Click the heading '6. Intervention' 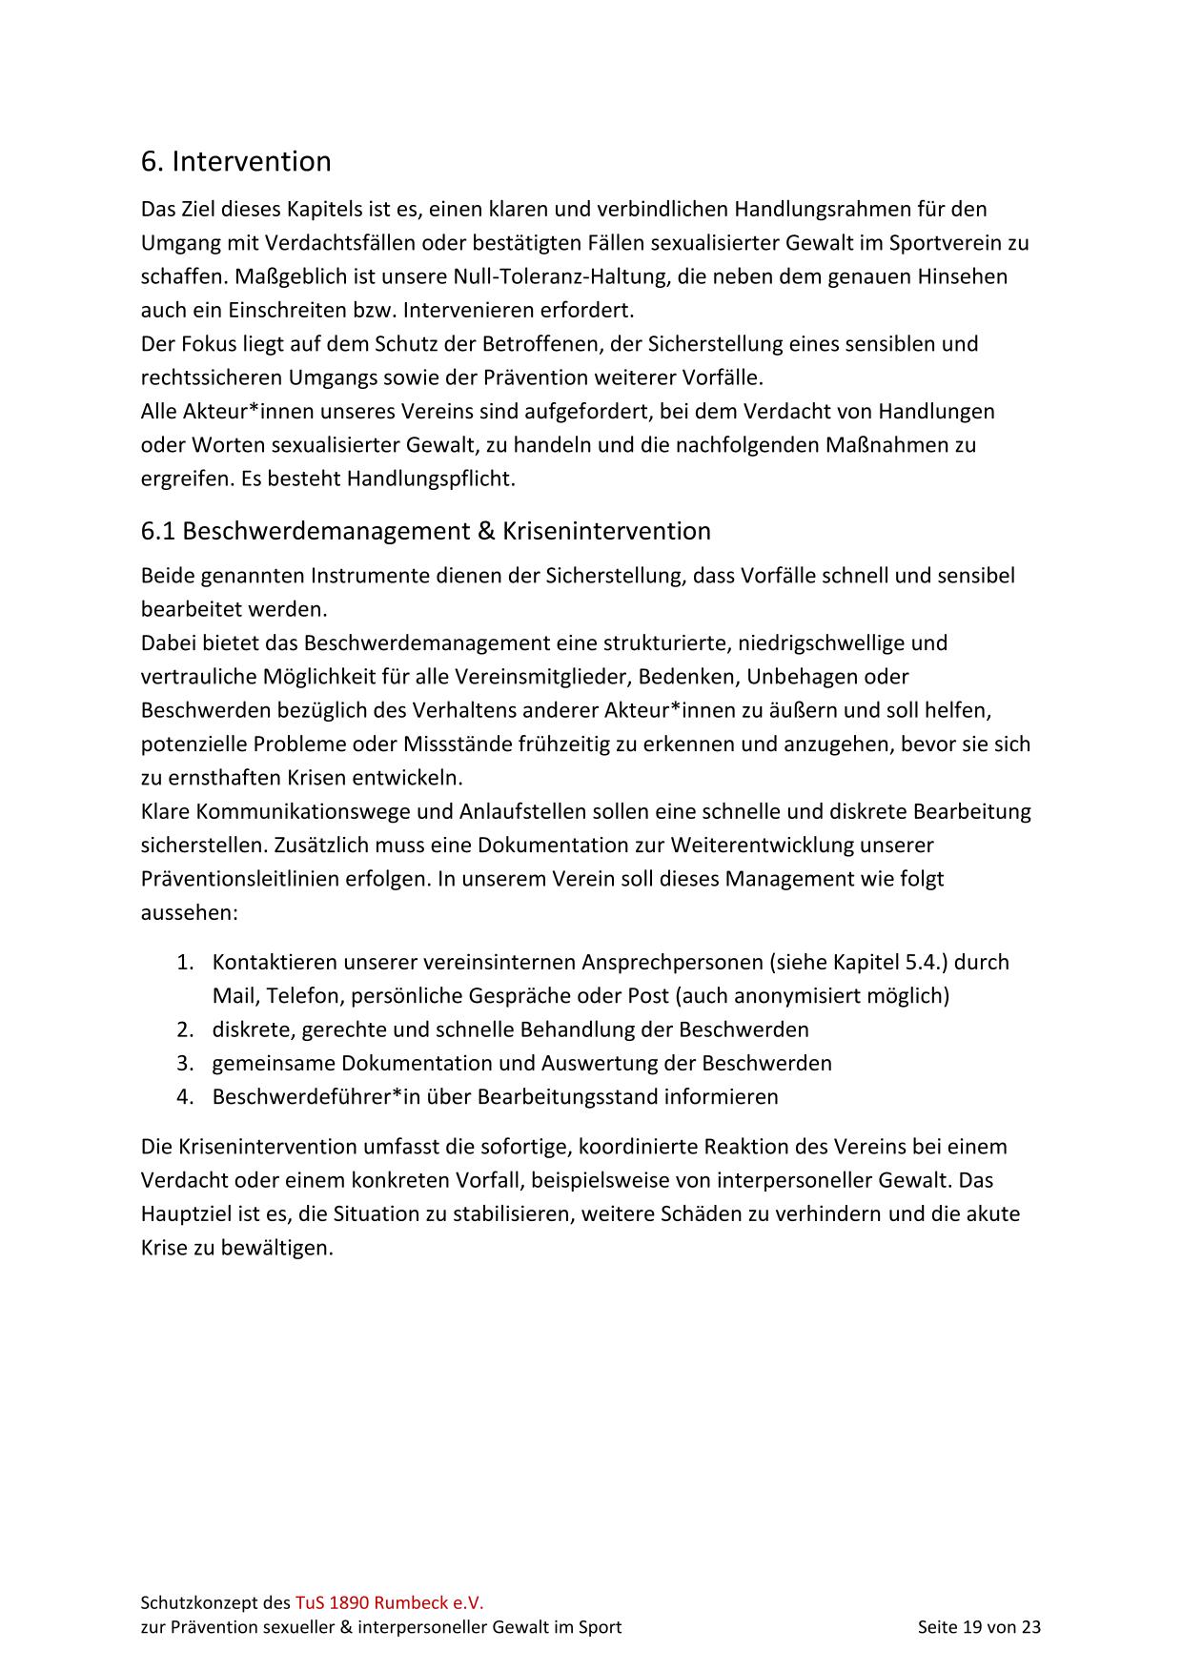click(x=235, y=162)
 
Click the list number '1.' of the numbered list click(x=185, y=963)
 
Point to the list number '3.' click(x=185, y=1063)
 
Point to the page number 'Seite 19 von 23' click(x=978, y=1627)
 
